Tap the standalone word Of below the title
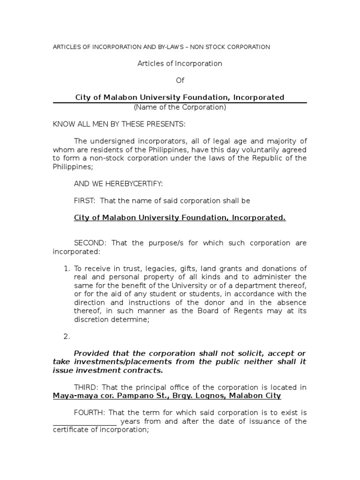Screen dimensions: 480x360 (x=180, y=81)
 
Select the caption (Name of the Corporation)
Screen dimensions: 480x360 (x=180, y=107)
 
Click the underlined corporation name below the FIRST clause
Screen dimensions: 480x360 (x=180, y=218)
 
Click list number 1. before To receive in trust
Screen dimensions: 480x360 (x=67, y=269)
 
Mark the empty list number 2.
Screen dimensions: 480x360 (x=67, y=336)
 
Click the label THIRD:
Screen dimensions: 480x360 (x=87, y=387)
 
